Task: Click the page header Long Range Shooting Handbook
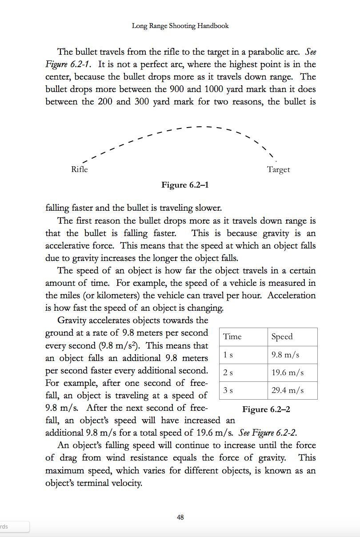[180, 26]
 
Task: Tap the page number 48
[180, 517]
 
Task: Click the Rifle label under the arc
[80, 169]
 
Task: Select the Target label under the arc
[278, 169]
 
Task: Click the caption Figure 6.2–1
[185, 185]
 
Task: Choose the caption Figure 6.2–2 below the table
[266, 409]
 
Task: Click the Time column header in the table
[232, 337]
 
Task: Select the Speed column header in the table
[282, 337]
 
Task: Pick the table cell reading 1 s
[228, 355]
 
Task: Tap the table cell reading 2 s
[228, 373]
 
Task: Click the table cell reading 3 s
[228, 390]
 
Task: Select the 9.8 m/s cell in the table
[285, 355]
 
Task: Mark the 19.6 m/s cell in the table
[288, 373]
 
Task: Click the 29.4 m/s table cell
[288, 390]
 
